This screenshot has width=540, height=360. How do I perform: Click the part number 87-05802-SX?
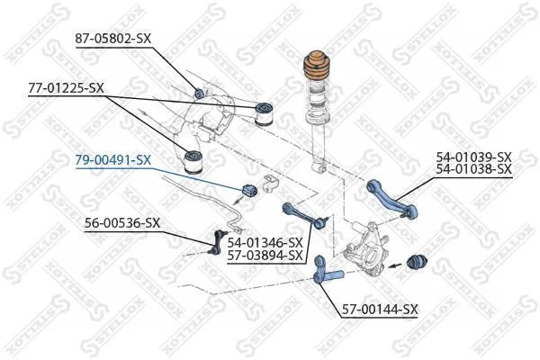(x=113, y=38)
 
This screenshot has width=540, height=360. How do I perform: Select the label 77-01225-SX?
(x=66, y=88)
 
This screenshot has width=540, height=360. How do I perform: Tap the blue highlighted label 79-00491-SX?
(x=113, y=160)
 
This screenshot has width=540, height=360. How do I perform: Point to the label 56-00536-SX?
(x=122, y=223)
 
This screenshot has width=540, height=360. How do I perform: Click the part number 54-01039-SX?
(x=474, y=157)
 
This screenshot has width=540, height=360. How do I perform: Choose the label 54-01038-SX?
(x=474, y=169)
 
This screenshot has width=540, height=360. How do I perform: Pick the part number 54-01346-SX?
(x=265, y=243)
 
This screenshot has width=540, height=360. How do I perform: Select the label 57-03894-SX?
(x=265, y=256)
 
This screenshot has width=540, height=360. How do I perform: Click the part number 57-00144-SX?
(x=380, y=309)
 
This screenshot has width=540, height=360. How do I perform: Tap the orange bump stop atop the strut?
(x=317, y=67)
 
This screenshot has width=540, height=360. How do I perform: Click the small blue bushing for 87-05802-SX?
(x=200, y=93)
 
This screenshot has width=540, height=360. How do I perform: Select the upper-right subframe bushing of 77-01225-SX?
(x=264, y=113)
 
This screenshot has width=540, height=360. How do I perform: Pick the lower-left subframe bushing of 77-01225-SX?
(x=193, y=161)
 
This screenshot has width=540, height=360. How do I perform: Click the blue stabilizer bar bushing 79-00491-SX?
(x=250, y=191)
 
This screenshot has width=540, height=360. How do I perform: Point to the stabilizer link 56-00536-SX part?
(x=218, y=243)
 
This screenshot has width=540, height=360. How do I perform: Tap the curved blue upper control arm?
(x=392, y=199)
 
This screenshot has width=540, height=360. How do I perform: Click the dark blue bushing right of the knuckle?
(x=417, y=264)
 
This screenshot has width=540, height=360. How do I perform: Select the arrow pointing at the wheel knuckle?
(x=395, y=265)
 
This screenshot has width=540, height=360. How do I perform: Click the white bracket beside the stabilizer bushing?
(x=271, y=184)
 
